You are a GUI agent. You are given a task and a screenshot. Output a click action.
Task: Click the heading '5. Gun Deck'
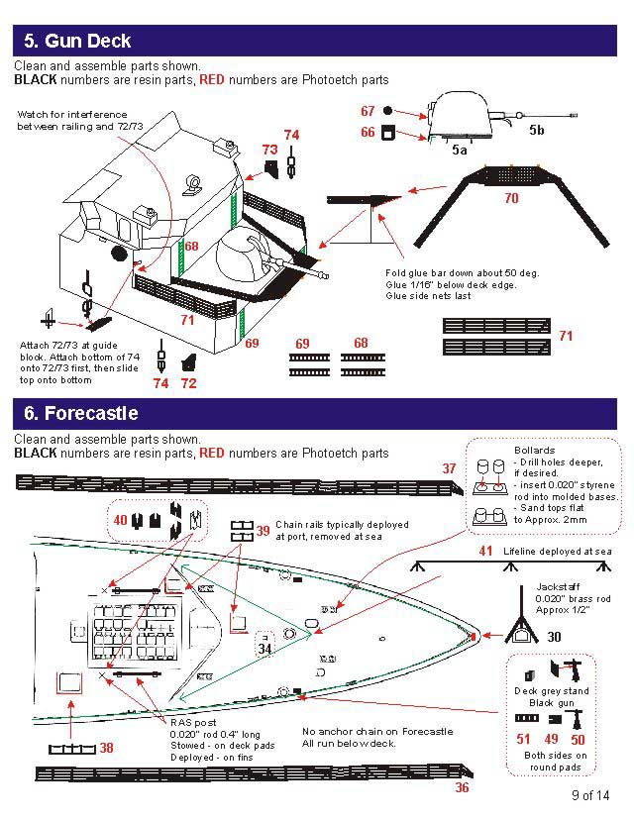tap(77, 42)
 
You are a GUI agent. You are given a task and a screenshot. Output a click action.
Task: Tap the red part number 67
tap(368, 112)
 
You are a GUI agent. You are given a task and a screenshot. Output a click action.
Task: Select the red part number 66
tap(368, 133)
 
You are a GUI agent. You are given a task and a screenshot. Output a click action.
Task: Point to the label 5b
tap(536, 130)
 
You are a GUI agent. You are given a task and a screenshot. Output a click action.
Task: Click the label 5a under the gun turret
tap(459, 151)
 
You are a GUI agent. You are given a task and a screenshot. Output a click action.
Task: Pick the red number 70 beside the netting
tap(511, 198)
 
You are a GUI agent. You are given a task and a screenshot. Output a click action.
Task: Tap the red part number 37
tap(449, 467)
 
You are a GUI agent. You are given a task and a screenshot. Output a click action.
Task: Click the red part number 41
tap(485, 551)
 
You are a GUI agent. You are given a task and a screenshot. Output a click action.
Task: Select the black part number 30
tap(554, 637)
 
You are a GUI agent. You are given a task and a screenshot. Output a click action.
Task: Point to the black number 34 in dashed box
tap(264, 649)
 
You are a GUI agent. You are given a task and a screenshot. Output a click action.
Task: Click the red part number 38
tap(106, 748)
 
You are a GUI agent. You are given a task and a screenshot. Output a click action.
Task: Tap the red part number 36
tap(462, 788)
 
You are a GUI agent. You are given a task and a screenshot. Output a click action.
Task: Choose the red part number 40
tap(120, 520)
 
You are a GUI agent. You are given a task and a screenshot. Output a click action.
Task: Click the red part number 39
tap(263, 531)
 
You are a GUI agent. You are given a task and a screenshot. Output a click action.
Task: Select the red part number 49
tap(552, 739)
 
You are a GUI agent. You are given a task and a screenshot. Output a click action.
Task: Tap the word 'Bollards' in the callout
tap(534, 451)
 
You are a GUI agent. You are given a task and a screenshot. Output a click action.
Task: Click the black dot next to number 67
tap(388, 111)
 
